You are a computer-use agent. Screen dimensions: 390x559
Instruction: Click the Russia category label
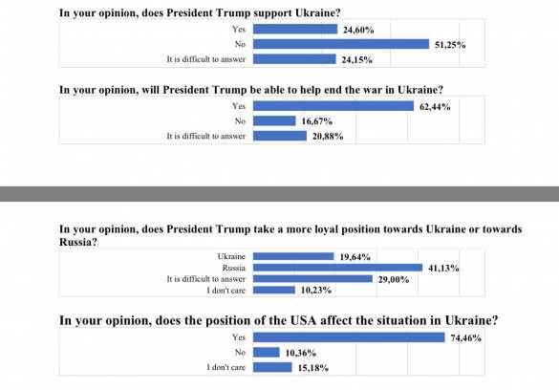point(231,268)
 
